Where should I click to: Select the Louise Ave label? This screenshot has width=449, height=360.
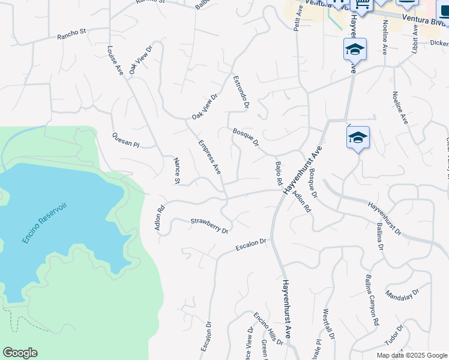[x=115, y=61]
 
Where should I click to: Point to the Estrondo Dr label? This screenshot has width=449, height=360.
[x=241, y=90]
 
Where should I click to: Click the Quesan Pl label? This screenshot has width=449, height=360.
[x=125, y=140]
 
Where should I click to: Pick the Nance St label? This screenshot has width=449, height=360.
[x=176, y=171]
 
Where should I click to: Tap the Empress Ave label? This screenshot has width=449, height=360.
[x=209, y=157]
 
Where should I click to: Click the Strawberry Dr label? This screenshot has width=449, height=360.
[x=209, y=226]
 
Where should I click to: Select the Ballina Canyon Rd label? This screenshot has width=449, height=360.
[x=372, y=300]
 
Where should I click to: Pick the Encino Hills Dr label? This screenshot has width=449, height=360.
[x=268, y=329]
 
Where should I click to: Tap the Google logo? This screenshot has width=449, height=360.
[x=20, y=353]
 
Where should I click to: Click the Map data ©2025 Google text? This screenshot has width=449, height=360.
[x=411, y=355]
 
